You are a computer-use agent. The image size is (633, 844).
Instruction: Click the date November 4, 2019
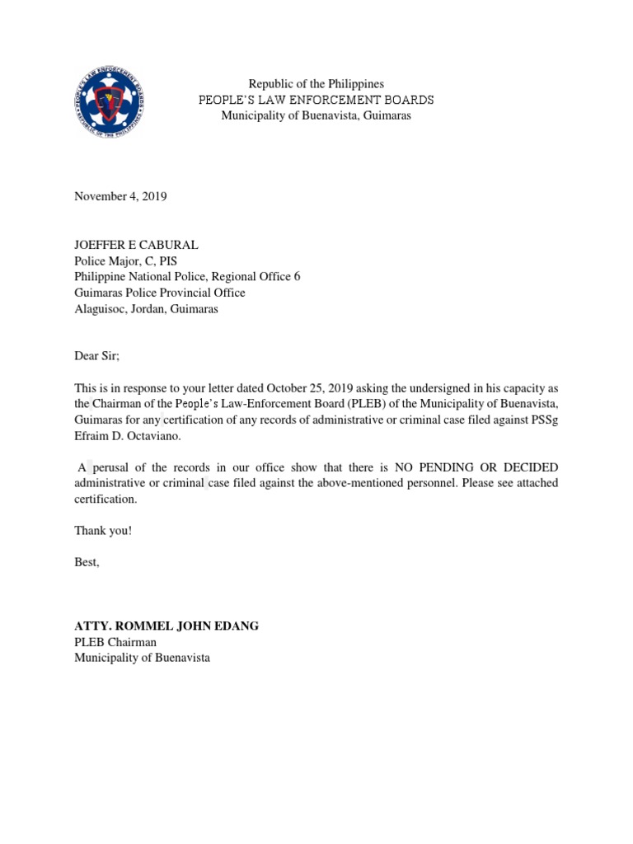click(120, 196)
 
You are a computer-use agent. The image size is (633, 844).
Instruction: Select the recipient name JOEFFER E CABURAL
click(136, 245)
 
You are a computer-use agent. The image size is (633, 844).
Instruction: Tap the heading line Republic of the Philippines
click(316, 84)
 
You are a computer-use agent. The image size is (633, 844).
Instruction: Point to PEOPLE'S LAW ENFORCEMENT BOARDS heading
click(316, 100)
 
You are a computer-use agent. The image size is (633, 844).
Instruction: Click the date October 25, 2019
click(305, 387)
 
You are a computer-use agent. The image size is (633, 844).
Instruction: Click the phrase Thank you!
click(103, 530)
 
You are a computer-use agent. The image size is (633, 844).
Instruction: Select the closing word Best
click(87, 562)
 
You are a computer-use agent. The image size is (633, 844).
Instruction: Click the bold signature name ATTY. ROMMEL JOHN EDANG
click(166, 626)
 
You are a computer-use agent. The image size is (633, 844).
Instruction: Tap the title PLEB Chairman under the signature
click(115, 642)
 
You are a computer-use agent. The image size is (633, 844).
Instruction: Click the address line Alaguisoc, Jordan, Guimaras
click(146, 308)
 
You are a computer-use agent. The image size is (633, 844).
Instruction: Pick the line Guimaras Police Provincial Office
click(160, 293)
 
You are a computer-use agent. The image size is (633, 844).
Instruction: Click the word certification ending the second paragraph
click(105, 499)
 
